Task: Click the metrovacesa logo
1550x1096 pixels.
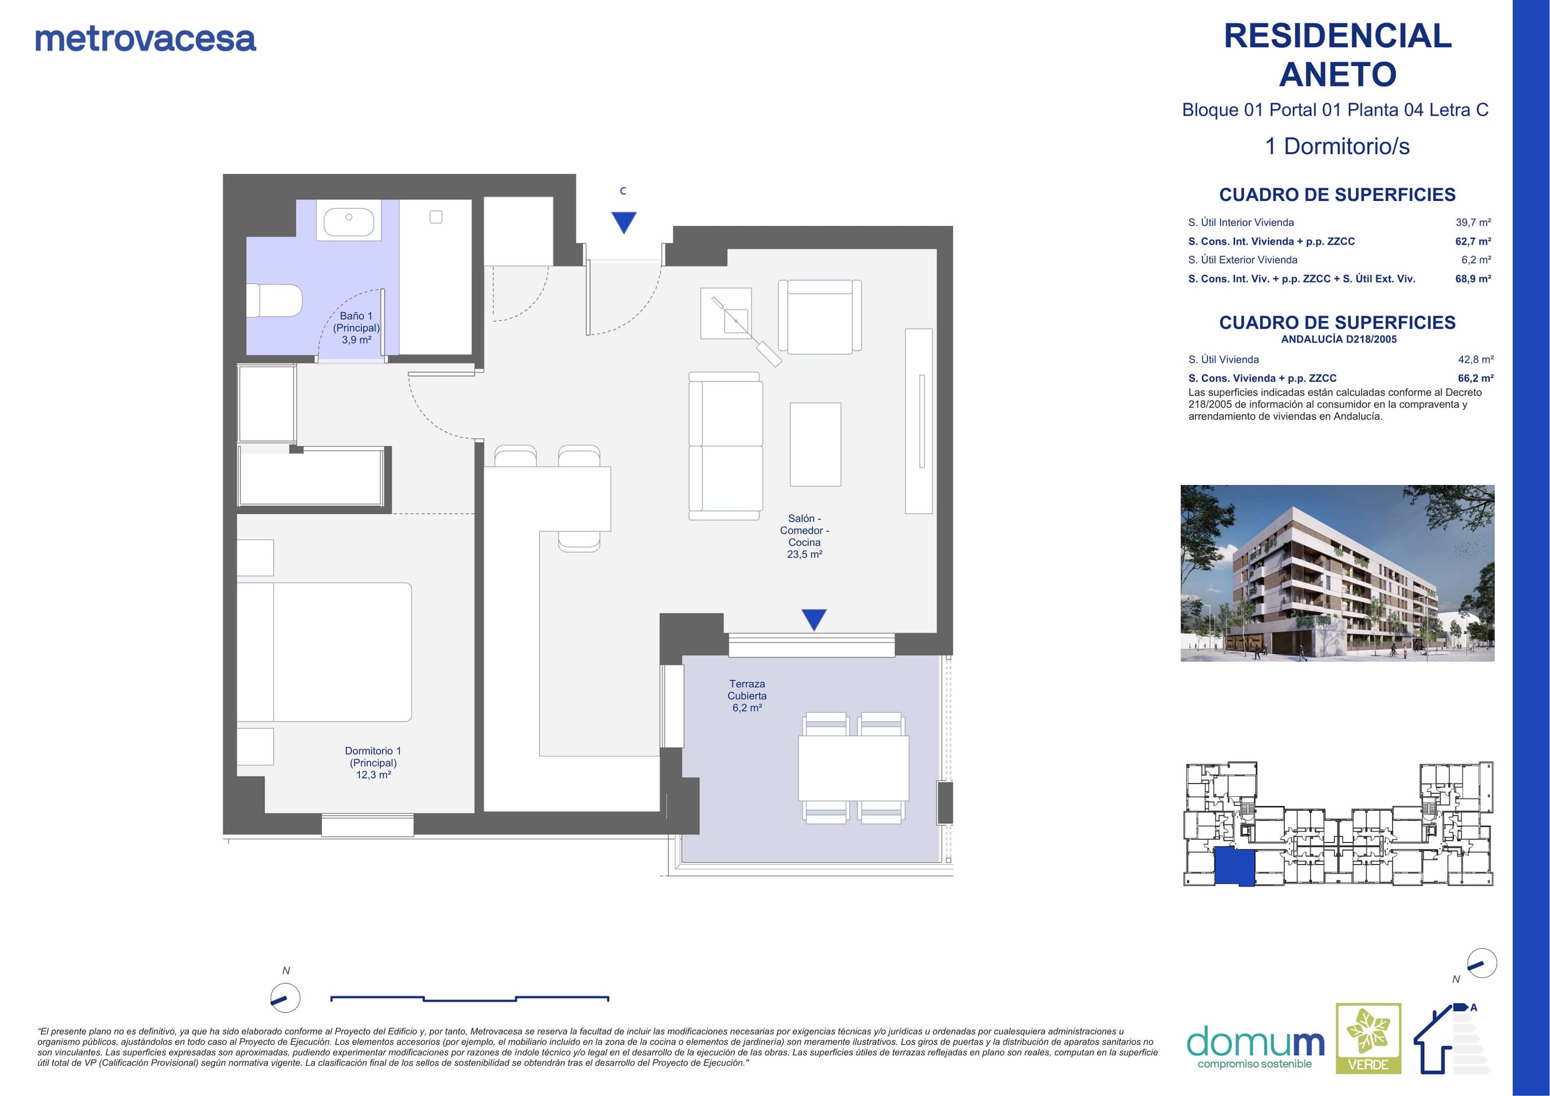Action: pyautogui.click(x=145, y=39)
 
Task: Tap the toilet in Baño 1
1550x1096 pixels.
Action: pyautogui.click(x=274, y=300)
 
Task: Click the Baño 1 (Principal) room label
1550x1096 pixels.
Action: pyautogui.click(x=357, y=328)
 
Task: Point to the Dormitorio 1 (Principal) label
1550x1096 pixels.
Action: pyautogui.click(x=374, y=762)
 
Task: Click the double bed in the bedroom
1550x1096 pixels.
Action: pyautogui.click(x=325, y=652)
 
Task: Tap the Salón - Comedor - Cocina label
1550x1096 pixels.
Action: pyautogui.click(x=805, y=536)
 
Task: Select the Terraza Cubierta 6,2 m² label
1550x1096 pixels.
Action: pyautogui.click(x=747, y=696)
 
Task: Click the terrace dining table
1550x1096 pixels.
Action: pyautogui.click(x=854, y=768)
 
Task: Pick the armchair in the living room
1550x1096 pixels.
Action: pyautogui.click(x=820, y=317)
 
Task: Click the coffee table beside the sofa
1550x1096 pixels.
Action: pyautogui.click(x=816, y=444)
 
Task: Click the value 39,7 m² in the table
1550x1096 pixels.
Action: pyautogui.click(x=1474, y=222)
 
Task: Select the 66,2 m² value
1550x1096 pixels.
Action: pyautogui.click(x=1476, y=378)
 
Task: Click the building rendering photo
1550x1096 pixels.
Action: pyautogui.click(x=1337, y=573)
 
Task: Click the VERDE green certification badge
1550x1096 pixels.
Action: pyautogui.click(x=1368, y=1038)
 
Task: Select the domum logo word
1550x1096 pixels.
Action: pyautogui.click(x=1255, y=1043)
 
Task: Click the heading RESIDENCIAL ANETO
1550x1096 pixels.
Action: pyautogui.click(x=1337, y=54)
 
